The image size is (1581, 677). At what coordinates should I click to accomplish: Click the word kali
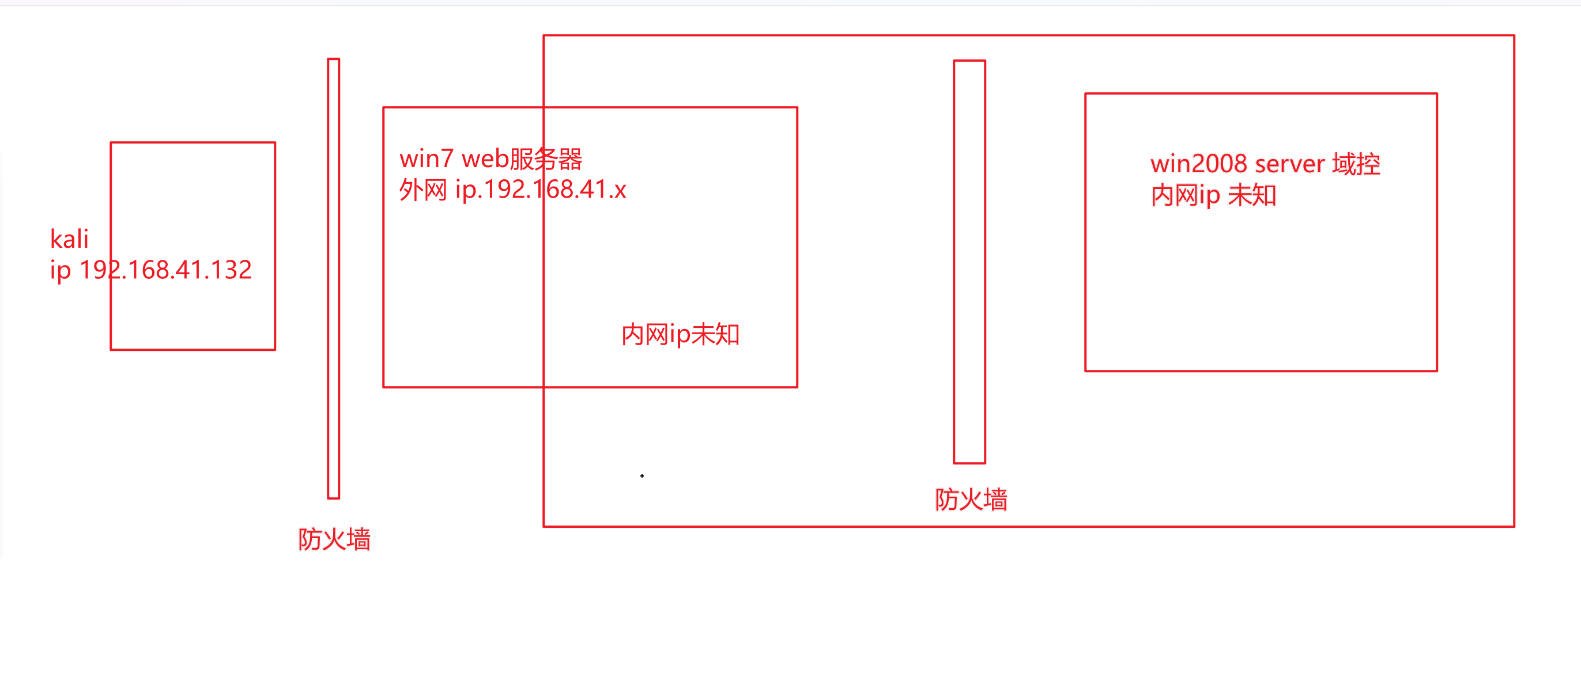[69, 239]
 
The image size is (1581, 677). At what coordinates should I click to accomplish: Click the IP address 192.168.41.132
[166, 270]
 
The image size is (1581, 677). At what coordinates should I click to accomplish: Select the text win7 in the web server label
[426, 159]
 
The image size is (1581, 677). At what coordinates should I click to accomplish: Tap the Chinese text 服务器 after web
[546, 159]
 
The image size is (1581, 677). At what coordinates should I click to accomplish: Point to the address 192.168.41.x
[556, 190]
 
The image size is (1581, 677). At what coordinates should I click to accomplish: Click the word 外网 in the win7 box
[423, 190]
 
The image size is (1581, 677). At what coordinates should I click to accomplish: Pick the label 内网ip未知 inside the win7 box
[680, 335]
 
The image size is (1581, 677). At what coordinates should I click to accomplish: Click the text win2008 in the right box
[1198, 164]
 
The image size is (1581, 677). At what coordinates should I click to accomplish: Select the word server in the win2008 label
[1289, 164]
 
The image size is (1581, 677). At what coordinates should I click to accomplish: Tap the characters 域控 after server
[1356, 164]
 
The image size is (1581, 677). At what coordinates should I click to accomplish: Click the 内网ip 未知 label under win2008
[1213, 195]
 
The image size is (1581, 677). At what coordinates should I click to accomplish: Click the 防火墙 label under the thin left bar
[334, 539]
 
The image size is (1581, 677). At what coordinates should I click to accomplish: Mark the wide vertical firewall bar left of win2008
[969, 262]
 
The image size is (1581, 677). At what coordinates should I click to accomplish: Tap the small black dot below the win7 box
[642, 476]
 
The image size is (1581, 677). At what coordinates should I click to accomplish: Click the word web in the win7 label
[485, 159]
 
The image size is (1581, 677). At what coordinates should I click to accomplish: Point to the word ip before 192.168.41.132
[60, 270]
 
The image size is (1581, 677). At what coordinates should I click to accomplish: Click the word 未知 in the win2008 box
[1252, 195]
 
